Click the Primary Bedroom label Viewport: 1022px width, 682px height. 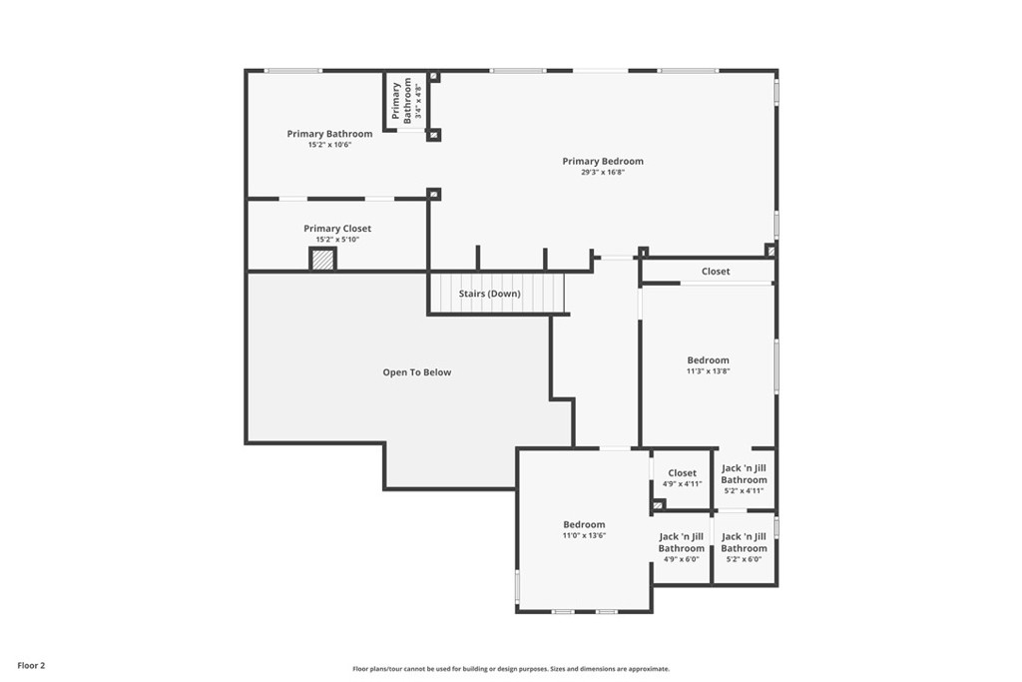click(603, 161)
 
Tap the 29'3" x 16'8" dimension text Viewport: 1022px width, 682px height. click(603, 173)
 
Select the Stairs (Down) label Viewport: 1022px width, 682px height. click(489, 294)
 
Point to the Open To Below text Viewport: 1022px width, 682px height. click(416, 372)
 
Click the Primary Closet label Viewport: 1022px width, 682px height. click(337, 229)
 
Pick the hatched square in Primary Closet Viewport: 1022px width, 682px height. click(322, 259)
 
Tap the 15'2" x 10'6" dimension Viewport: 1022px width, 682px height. click(329, 145)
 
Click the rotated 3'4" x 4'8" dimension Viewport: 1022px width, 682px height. click(418, 101)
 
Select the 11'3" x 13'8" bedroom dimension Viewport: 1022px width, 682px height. click(708, 371)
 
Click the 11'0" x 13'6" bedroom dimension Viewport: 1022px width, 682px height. click(584, 535)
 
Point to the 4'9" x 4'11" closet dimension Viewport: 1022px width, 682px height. click(683, 483)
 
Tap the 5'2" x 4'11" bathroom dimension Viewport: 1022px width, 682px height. click(744, 490)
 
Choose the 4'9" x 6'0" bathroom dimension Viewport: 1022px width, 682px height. click(681, 559)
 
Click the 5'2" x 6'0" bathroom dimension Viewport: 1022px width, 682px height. click(744, 559)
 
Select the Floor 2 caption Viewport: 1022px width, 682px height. click(31, 666)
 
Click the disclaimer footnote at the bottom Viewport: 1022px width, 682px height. click(511, 668)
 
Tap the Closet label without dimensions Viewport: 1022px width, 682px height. click(716, 272)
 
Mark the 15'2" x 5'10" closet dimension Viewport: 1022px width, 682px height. click(337, 240)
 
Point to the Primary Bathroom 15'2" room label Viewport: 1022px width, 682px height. click(329, 134)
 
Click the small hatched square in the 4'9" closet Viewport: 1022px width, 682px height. click(659, 504)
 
